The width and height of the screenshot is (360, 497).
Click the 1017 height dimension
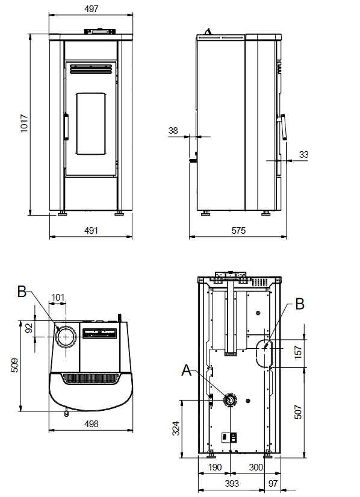(24, 123)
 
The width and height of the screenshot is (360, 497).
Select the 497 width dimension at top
(91, 9)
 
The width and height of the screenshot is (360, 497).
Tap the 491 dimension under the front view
(91, 231)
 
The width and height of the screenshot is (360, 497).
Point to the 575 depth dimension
(238, 231)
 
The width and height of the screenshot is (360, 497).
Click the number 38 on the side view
(173, 130)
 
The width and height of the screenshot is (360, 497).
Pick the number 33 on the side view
(303, 154)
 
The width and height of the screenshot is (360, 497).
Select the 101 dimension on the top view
(58, 298)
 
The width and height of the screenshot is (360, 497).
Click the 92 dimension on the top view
(29, 328)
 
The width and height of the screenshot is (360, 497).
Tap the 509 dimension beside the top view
(14, 366)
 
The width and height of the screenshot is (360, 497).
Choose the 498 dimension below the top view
(91, 424)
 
